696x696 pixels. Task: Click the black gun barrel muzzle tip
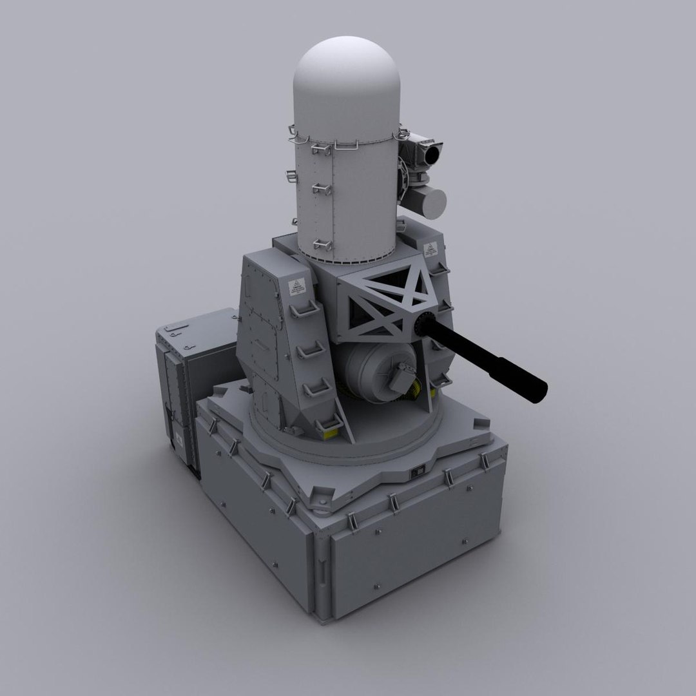(539, 389)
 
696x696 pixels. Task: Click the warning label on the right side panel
(430, 248)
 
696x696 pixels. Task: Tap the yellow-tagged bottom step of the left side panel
(329, 425)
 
